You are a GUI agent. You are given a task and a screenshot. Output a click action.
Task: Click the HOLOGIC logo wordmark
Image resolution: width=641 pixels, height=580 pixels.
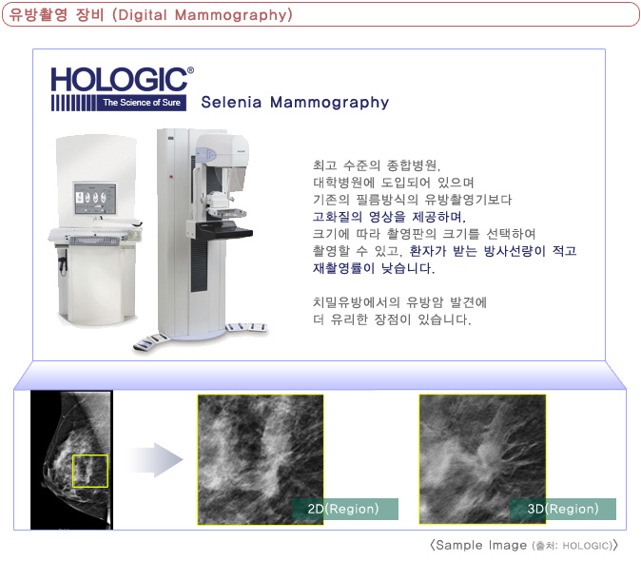click(119, 79)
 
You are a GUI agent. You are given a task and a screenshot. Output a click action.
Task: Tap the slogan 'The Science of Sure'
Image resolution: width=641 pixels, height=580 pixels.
click(142, 103)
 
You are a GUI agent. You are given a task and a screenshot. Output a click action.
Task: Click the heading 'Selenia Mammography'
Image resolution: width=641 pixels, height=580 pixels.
click(295, 102)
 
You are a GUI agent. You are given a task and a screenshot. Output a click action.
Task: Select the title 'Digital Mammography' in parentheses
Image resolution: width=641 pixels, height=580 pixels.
click(203, 15)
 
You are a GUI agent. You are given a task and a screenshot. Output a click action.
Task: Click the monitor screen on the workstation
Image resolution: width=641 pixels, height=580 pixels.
click(95, 198)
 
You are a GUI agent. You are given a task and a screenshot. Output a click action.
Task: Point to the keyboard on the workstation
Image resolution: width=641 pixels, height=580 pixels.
click(94, 241)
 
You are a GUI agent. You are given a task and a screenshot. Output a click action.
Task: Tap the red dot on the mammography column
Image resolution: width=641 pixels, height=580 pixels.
click(171, 177)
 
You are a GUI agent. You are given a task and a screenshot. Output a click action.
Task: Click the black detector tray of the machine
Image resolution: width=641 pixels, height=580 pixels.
click(224, 230)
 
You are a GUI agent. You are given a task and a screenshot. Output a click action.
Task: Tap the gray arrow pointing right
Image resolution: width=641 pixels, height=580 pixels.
click(157, 460)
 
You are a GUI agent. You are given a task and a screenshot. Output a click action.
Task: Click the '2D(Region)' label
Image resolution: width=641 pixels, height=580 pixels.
click(343, 509)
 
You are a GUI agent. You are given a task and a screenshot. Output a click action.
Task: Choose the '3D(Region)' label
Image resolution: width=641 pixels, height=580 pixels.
click(563, 509)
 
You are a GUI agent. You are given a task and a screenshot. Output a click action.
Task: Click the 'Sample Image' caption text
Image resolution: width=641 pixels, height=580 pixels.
click(481, 545)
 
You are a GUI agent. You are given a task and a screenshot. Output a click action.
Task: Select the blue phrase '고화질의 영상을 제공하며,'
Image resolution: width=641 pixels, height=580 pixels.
click(389, 217)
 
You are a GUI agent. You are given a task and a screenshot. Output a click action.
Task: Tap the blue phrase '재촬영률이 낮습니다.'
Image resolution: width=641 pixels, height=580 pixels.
click(374, 268)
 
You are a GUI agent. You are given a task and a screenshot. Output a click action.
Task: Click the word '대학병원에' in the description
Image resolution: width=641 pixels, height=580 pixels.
click(344, 183)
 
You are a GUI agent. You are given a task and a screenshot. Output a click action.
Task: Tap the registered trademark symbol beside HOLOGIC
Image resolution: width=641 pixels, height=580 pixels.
click(190, 70)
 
